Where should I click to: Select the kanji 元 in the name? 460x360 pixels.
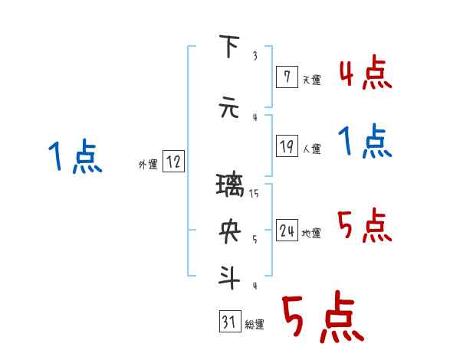click(x=229, y=108)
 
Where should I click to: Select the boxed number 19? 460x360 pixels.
click(x=286, y=147)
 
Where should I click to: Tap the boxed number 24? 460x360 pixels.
click(x=286, y=231)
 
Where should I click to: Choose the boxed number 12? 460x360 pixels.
click(x=173, y=162)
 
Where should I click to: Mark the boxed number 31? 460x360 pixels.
click(x=228, y=322)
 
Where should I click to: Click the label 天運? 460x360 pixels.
click(x=311, y=80)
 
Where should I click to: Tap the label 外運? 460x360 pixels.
click(x=147, y=164)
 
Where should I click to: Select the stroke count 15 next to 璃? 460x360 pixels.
click(x=255, y=193)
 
